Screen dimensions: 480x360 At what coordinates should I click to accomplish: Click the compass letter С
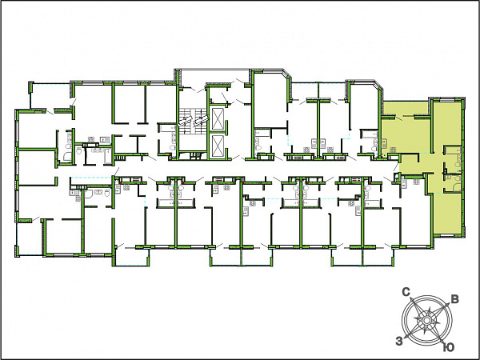pos(406,292)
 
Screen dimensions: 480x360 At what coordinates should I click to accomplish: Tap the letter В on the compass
pos(455,299)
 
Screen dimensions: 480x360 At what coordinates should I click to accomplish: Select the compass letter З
pos(399,341)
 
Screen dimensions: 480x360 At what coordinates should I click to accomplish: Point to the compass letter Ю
pos(449,347)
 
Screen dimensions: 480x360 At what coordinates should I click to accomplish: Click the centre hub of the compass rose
pos(426,320)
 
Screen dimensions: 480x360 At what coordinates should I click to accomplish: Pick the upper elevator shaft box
pos(218,118)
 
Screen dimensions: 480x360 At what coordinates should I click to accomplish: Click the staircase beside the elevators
pos(192,128)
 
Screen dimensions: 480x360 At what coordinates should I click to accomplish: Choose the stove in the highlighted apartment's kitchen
pos(393,150)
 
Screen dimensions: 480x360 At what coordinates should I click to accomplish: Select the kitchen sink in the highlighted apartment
pos(384,142)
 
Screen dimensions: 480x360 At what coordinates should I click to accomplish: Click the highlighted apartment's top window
pos(448,100)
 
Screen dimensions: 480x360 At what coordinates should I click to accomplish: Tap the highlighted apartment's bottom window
pos(448,235)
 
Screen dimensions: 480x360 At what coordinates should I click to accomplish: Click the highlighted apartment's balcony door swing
pos(399,118)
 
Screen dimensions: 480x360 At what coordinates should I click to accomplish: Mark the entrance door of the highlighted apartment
pos(398,166)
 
